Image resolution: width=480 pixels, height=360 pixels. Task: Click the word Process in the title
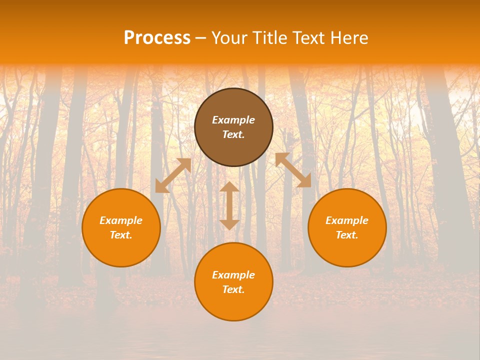(157, 38)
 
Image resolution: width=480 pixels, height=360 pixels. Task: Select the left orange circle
(121, 250)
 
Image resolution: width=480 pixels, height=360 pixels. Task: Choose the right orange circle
(347, 250)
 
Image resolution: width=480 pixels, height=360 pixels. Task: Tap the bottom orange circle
(233, 305)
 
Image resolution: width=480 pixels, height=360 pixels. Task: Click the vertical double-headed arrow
(229, 205)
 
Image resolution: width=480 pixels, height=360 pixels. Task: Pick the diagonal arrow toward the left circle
(173, 175)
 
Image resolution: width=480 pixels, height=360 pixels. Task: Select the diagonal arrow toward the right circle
(293, 170)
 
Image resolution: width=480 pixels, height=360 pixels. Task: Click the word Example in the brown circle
(233, 120)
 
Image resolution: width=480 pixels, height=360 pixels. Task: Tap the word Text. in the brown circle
(233, 134)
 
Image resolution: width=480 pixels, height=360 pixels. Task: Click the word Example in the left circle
(121, 220)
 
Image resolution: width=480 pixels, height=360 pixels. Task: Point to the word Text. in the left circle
(121, 235)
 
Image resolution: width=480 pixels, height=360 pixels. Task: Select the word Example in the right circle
(347, 220)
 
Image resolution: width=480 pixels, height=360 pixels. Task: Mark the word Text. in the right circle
(347, 235)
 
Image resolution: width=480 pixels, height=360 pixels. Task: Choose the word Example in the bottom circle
(233, 275)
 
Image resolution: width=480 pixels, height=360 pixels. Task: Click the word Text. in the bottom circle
(233, 289)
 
